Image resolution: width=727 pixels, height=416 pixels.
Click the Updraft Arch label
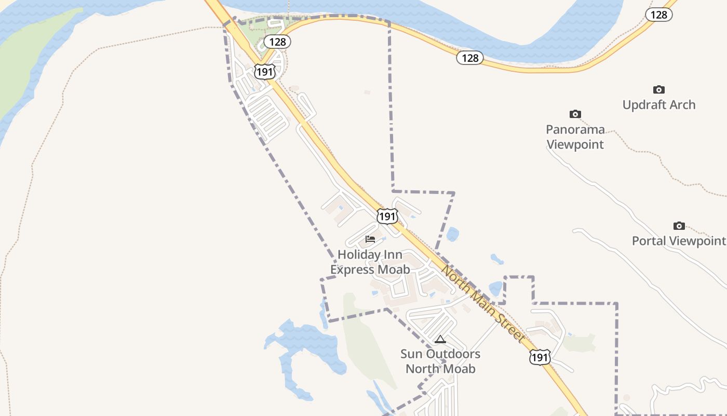pos(658,105)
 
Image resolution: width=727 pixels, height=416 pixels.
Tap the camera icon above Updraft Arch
pos(658,90)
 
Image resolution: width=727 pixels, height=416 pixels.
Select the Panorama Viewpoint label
pos(575,137)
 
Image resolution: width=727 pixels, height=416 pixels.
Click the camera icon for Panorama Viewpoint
pos(575,114)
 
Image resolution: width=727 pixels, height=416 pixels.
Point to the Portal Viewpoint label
pos(678,241)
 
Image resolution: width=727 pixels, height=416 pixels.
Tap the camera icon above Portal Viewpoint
pos(679,226)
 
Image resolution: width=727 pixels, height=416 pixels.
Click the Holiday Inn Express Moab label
pos(370,262)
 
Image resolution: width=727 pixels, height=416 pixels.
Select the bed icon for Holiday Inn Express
pos(370,239)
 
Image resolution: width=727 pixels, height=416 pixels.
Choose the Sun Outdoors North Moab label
pos(440,361)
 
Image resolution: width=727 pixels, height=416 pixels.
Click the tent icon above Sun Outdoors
pos(440,340)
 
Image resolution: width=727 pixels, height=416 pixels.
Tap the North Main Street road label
pos(483,304)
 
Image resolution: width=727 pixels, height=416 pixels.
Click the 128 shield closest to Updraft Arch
pos(658,15)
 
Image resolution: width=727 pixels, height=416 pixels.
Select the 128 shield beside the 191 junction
pos(277,42)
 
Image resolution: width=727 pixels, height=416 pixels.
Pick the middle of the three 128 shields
pos(470,58)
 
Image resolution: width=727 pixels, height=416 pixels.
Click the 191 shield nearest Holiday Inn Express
pos(387,216)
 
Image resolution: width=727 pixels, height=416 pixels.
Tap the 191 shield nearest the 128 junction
pos(264,72)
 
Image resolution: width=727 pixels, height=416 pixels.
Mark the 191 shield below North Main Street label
pos(540,357)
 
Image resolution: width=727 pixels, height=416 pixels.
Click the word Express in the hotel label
pos(354,269)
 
